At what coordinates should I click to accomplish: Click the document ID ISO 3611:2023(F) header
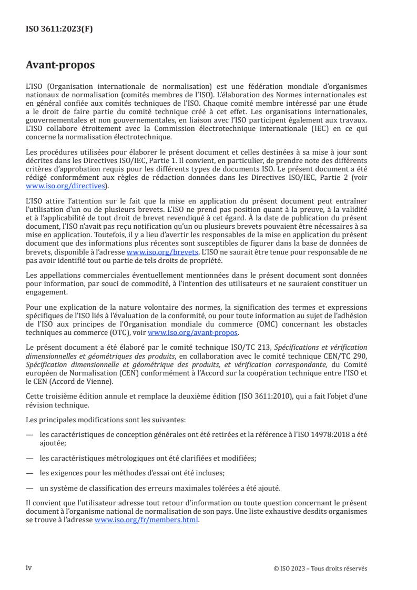click(x=59, y=29)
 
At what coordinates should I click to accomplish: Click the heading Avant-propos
click(x=60, y=66)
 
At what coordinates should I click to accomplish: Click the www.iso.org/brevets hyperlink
click(x=158, y=252)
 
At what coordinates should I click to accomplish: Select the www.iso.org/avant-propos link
click(x=193, y=333)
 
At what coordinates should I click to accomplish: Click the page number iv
click(x=29, y=568)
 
